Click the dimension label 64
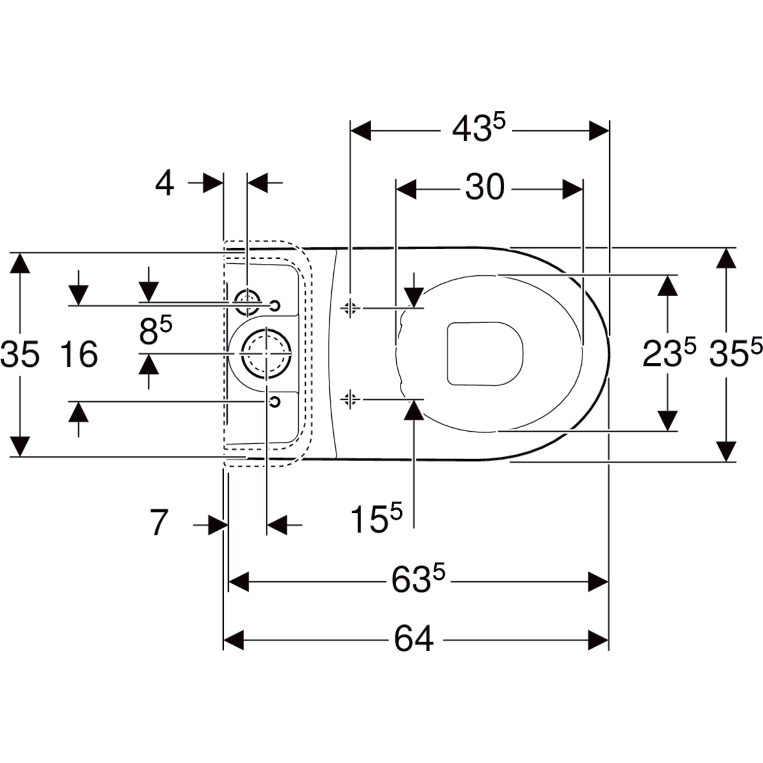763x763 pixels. (x=413, y=640)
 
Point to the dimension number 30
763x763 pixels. (x=485, y=188)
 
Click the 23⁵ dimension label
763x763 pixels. (x=669, y=352)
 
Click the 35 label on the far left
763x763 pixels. (x=20, y=354)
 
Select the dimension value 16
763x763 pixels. (x=79, y=354)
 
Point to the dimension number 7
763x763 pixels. (x=159, y=523)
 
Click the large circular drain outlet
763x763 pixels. (x=266, y=353)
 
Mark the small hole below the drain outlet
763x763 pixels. (x=275, y=401)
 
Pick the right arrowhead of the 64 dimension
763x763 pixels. (x=598, y=640)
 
